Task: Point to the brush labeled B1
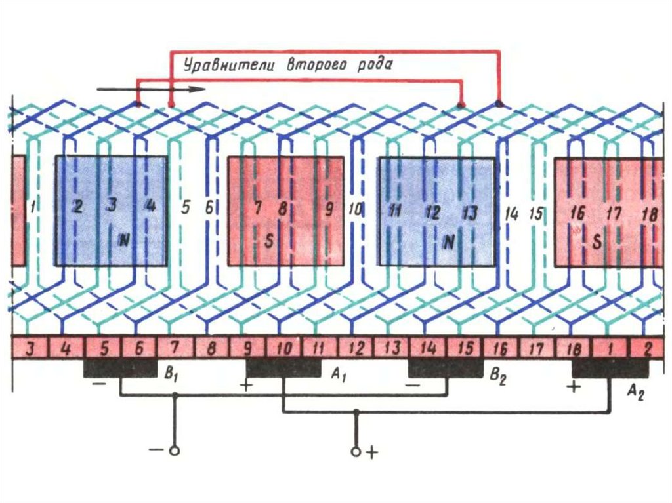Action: pos(119,369)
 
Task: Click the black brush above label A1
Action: pos(283,369)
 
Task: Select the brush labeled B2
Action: pos(447,369)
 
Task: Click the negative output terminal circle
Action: pos(175,451)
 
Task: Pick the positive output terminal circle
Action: pos(356,451)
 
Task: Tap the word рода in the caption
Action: pos(373,65)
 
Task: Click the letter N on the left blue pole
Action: pos(124,241)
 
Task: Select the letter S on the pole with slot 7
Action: pos(268,241)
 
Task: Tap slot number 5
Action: pos(186,208)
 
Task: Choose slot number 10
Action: pos(354,210)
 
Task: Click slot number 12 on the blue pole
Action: pos(432,212)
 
